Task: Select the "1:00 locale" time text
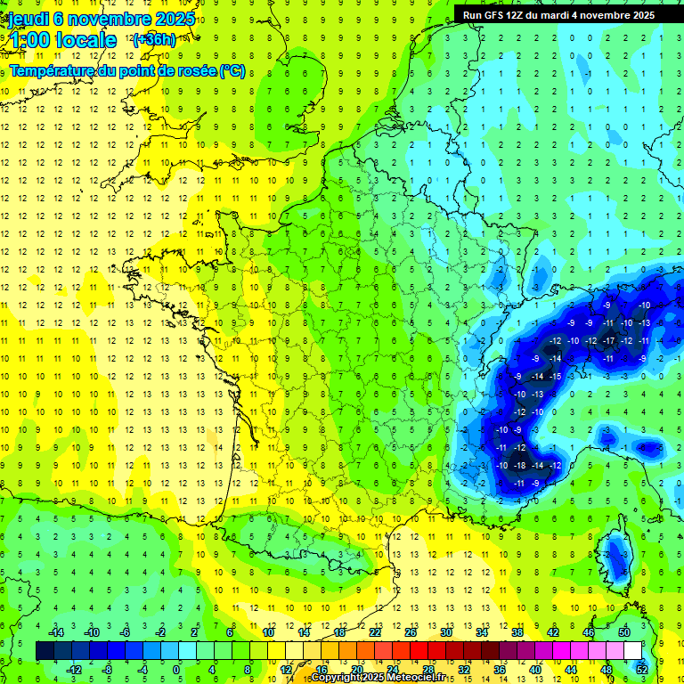(61, 40)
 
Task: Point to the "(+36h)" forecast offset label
(153, 40)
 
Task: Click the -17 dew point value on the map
(609, 341)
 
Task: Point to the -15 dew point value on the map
(556, 376)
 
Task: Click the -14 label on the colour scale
(55, 631)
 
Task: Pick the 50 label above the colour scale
(623, 631)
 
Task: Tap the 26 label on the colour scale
(411, 631)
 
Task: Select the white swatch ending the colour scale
(633, 650)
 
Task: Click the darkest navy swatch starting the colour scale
(45, 650)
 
